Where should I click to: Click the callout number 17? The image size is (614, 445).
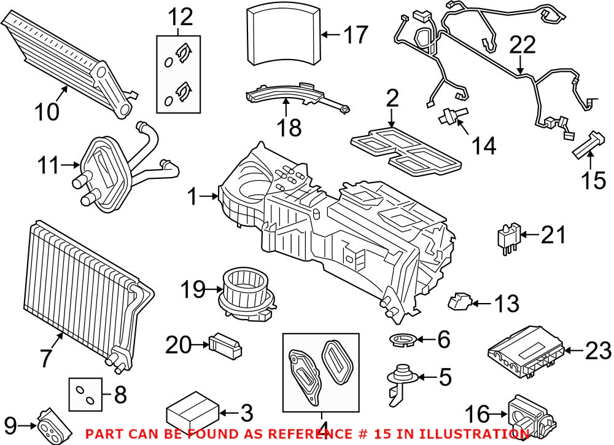point(354,34)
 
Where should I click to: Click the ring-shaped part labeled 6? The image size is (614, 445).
point(402,339)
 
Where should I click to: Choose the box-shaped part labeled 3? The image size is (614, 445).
point(193,409)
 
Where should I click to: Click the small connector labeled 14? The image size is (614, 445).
point(453,116)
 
